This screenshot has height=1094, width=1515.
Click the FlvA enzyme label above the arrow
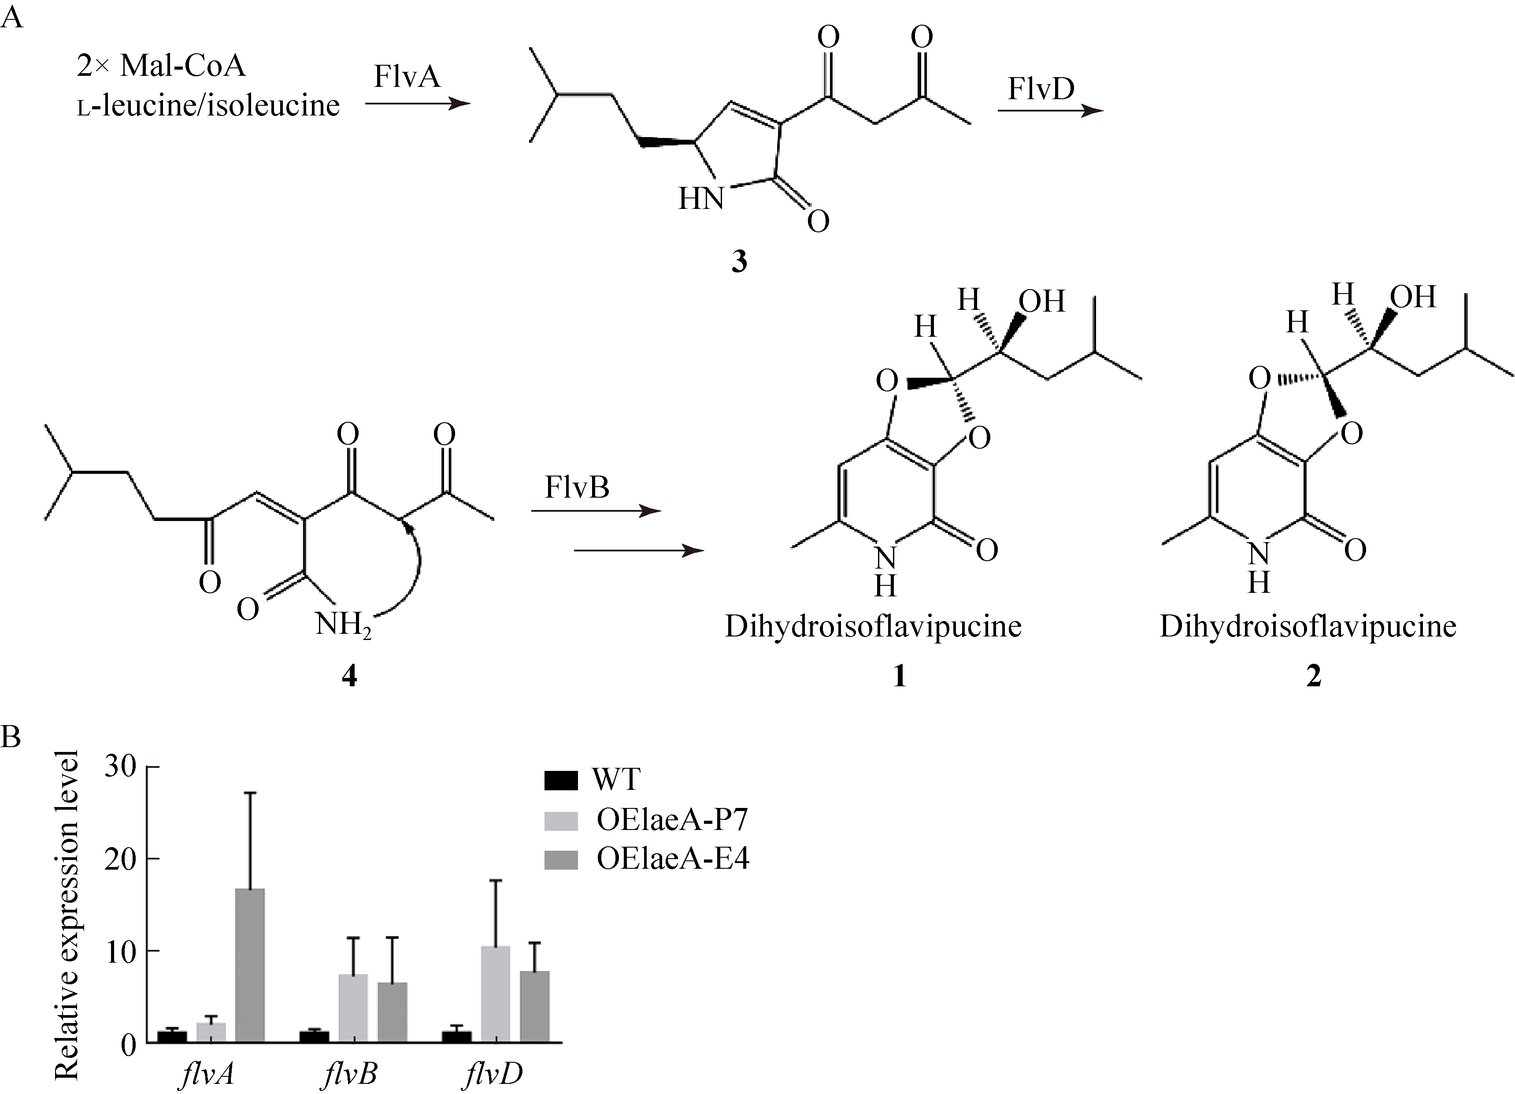(407, 76)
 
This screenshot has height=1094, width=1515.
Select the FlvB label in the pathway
(577, 487)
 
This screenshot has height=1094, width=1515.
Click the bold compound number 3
(739, 262)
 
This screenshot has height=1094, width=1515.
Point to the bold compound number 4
(349, 677)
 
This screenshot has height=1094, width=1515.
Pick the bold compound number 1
(899, 677)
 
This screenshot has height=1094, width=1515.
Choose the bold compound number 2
(1313, 677)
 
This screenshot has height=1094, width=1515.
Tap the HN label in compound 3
(701, 199)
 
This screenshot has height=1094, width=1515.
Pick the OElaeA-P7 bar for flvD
(495, 993)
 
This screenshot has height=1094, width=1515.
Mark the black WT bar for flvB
(314, 1036)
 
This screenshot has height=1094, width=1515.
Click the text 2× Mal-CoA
(161, 66)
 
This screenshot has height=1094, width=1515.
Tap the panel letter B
(11, 737)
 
